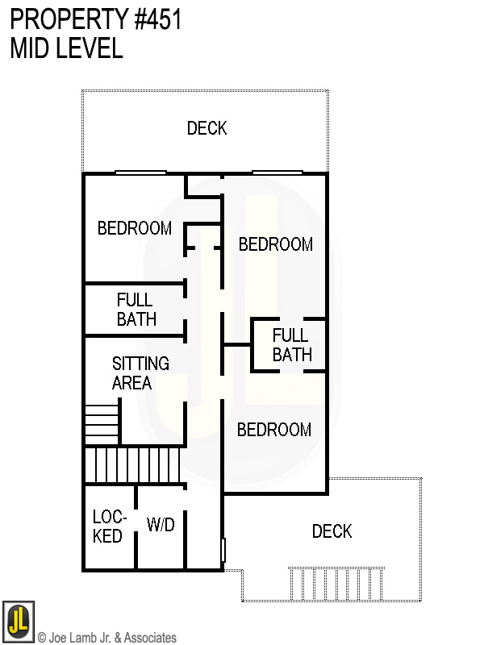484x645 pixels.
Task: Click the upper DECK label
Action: tap(207, 128)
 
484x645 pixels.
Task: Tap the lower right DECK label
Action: tap(332, 531)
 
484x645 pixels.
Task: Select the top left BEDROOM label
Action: tap(134, 228)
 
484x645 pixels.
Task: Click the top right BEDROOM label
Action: tap(275, 244)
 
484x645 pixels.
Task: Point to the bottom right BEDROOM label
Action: tap(273, 430)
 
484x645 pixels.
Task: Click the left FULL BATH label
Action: tap(136, 310)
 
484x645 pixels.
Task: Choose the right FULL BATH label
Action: tap(291, 345)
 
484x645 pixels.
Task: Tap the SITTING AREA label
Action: tap(140, 373)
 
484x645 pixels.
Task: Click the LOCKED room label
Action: tap(107, 526)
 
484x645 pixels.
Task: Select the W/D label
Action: tap(161, 525)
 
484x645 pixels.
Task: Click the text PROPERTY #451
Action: tap(96, 19)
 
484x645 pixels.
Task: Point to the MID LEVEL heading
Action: tap(66, 48)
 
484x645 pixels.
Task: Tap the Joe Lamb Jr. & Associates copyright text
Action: tap(107, 638)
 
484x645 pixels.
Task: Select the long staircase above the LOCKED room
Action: tap(133, 466)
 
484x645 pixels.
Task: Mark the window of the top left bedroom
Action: tap(140, 173)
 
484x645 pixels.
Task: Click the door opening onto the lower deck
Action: tap(223, 551)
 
